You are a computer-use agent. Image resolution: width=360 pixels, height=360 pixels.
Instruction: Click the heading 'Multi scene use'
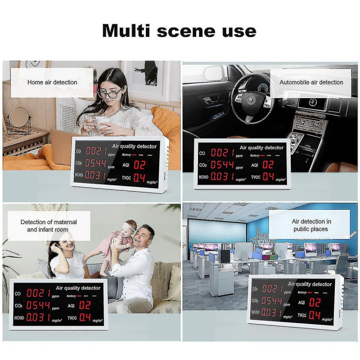click(x=179, y=31)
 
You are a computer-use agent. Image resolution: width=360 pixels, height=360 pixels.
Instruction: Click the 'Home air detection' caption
click(x=52, y=82)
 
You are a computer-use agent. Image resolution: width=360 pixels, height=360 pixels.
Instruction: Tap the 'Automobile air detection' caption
click(x=311, y=82)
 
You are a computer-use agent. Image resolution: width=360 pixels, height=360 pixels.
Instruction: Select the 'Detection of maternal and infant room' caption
click(x=49, y=226)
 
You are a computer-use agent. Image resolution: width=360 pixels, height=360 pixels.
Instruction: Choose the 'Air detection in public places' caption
click(x=311, y=225)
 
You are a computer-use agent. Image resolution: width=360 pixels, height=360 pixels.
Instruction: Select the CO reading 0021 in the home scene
click(x=97, y=151)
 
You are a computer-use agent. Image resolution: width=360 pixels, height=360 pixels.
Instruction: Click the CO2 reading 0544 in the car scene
click(x=222, y=165)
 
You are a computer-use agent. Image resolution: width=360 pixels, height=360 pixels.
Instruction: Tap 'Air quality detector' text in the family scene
click(x=78, y=288)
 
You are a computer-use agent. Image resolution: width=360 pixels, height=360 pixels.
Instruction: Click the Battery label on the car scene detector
click(x=255, y=155)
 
